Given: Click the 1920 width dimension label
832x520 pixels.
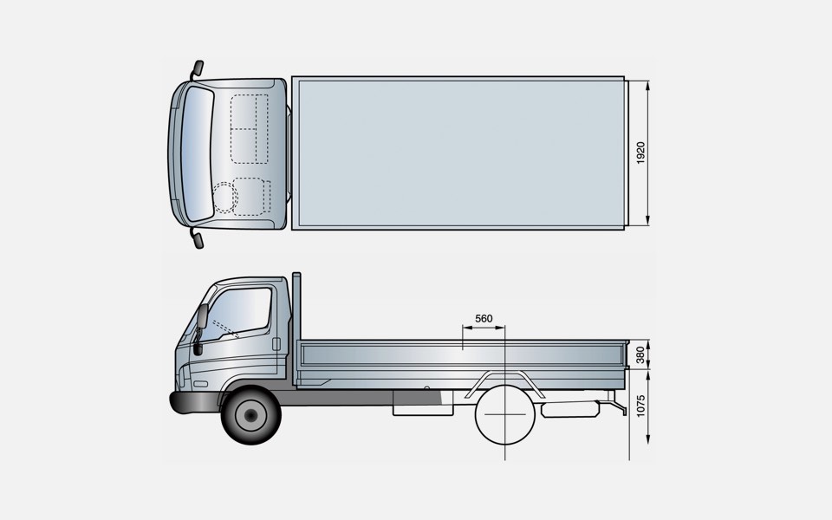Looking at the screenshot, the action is (x=640, y=153).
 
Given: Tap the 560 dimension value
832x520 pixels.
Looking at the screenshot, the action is (x=484, y=318).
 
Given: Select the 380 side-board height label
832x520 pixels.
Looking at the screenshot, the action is (x=640, y=355).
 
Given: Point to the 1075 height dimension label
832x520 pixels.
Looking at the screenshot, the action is (x=640, y=406).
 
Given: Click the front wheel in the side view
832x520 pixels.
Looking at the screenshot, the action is (x=251, y=415).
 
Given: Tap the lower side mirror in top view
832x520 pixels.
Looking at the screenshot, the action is (x=198, y=240).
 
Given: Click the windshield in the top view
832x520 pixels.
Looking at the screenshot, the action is (x=198, y=154).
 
